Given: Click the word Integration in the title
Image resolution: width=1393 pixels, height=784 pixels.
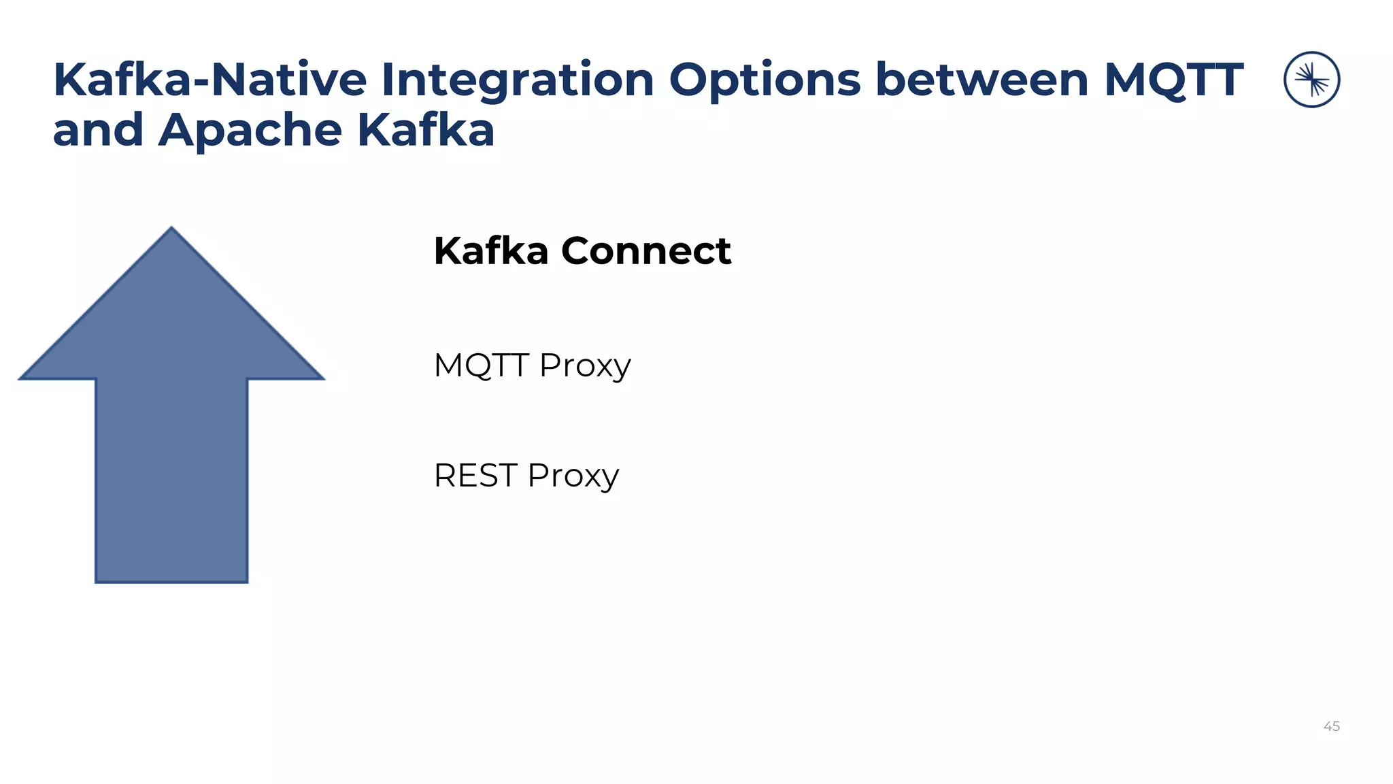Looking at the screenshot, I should point(517,80).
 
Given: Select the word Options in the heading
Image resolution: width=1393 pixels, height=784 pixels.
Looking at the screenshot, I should point(765,80).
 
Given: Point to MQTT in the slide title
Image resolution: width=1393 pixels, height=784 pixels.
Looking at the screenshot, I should point(1174,80).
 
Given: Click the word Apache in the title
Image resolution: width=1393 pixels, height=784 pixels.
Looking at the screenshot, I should point(250,131).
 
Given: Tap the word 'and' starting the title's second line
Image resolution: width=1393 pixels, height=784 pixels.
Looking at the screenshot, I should point(98,131).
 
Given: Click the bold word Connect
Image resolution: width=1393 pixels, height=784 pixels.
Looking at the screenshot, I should point(645,251).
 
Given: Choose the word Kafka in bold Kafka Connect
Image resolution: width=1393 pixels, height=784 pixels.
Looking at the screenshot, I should point(491,251).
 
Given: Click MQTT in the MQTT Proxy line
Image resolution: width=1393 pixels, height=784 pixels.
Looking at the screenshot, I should point(481,365).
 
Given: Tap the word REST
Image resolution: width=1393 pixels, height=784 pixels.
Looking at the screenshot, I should point(475,476).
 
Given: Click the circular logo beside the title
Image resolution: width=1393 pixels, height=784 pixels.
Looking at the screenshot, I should point(1311,80).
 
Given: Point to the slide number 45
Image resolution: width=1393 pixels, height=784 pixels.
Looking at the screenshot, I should point(1331,727).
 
